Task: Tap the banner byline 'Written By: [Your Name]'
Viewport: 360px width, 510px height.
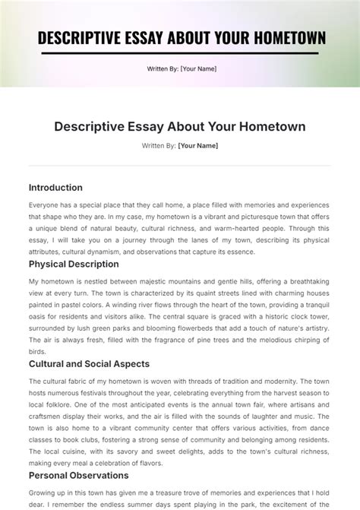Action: tap(182, 69)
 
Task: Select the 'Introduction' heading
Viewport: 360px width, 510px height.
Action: tap(55, 188)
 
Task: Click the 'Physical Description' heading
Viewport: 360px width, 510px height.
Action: tap(74, 265)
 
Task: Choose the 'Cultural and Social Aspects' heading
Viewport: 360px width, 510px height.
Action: tap(89, 364)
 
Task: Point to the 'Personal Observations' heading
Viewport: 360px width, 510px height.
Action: tap(78, 476)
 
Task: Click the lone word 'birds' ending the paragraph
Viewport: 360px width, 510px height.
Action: tap(37, 353)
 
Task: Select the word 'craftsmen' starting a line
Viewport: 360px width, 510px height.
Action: tap(47, 417)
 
